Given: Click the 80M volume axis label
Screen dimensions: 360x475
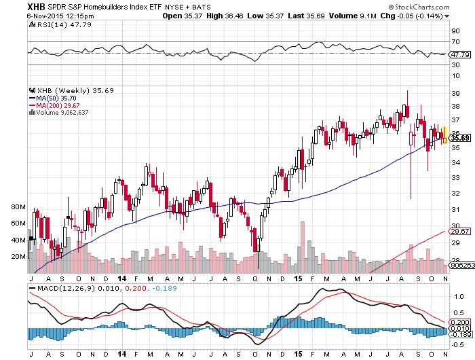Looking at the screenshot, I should (18, 206).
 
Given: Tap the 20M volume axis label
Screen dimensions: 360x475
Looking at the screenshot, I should (18, 257).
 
